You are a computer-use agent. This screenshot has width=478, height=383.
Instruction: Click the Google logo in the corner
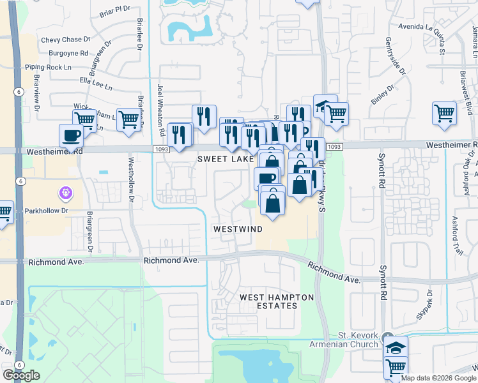(21, 375)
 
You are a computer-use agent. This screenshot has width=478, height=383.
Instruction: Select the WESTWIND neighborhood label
(237, 229)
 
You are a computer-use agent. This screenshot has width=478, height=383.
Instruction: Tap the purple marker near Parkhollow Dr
(64, 192)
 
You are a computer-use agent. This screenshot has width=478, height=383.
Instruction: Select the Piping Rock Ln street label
(47, 67)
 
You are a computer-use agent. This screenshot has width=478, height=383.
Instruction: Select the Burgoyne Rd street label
(66, 53)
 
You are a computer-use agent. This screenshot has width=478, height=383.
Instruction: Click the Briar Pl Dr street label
(114, 11)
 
